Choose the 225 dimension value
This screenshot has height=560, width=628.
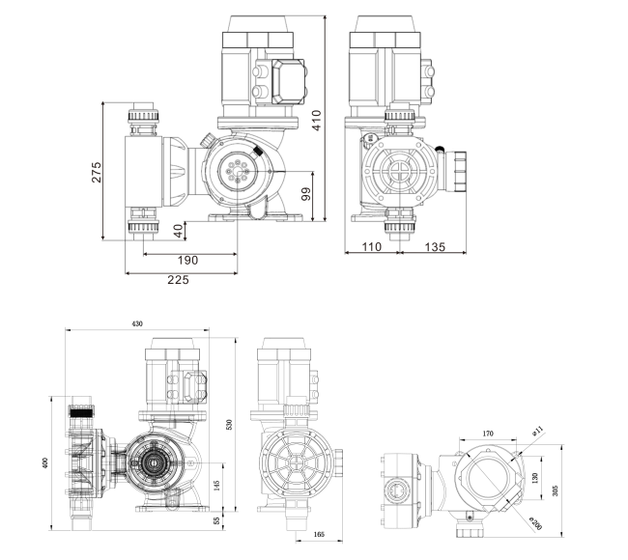point(178,281)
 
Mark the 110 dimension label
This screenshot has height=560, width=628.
point(371,247)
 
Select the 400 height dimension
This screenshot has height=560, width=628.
point(45,463)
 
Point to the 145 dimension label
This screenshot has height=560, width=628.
point(216,483)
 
